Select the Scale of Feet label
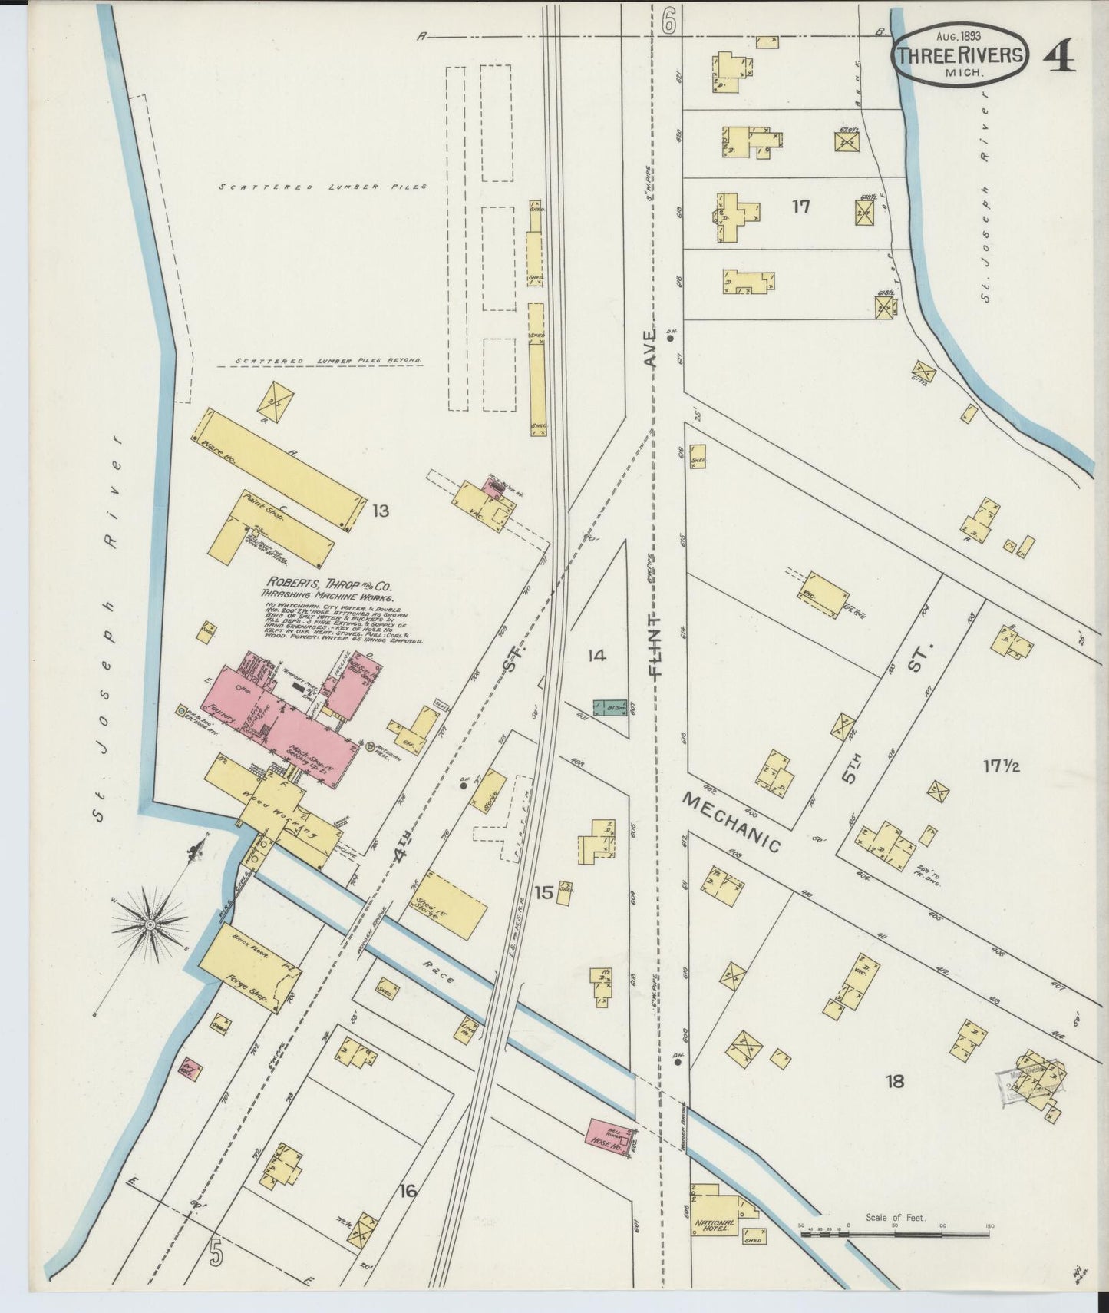pyautogui.click(x=895, y=1218)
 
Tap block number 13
pyautogui.click(x=381, y=510)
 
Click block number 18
pyautogui.click(x=894, y=1082)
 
